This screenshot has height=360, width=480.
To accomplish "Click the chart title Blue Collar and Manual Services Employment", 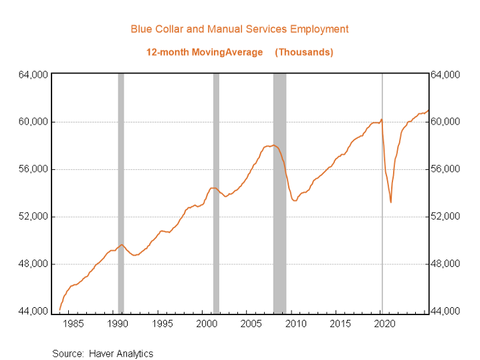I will [239, 29].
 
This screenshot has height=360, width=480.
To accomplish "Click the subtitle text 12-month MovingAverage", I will [205, 52].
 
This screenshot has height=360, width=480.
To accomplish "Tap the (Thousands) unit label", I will [304, 52].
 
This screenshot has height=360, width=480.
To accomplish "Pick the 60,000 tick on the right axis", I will [445, 122].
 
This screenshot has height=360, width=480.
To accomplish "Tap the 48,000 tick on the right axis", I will [445, 264].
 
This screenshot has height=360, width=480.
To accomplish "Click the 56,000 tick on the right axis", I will [445, 169].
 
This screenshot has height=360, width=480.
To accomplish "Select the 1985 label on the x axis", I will [73, 325].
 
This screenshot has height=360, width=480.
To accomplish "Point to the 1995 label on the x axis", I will [162, 325].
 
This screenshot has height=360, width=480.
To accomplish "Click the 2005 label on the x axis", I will [251, 325].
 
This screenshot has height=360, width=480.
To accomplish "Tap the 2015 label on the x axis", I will [340, 325].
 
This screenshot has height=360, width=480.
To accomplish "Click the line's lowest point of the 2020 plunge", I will [391, 202].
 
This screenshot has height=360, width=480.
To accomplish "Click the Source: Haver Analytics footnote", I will [103, 353].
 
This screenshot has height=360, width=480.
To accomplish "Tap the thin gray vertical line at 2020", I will [382, 268].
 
